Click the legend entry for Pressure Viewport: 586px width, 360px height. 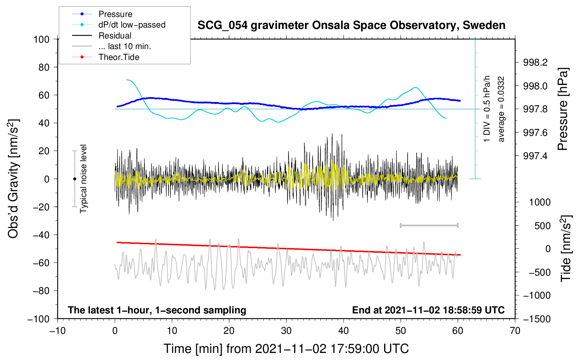pyautogui.click(x=102, y=14)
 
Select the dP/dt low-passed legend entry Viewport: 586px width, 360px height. pyautogui.click(x=119, y=25)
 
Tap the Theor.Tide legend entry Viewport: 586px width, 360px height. pyautogui.click(x=106, y=57)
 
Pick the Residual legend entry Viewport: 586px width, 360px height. pyautogui.click(x=102, y=36)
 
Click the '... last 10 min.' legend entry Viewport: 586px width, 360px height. pyautogui.click(x=112, y=46)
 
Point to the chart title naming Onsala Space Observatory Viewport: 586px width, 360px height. pyautogui.click(x=351, y=25)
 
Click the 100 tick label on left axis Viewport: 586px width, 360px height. pyautogui.click(x=42, y=40)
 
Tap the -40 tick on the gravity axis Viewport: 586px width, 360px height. pyautogui.click(x=41, y=235)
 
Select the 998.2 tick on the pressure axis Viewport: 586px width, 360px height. pyautogui.click(x=535, y=62)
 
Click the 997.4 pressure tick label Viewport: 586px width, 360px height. pyautogui.click(x=535, y=156)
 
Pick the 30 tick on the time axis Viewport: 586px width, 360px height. pyautogui.click(x=286, y=331)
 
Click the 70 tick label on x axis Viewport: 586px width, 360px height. pyautogui.click(x=515, y=331)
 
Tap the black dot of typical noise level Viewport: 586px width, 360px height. pyautogui.click(x=74, y=179)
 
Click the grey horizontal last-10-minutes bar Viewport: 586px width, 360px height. pyautogui.click(x=429, y=225)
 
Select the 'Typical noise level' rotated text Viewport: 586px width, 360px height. pyautogui.click(x=83, y=179)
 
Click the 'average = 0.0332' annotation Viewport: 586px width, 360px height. pyautogui.click(x=501, y=109)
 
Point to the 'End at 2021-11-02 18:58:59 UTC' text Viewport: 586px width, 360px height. pyautogui.click(x=428, y=310)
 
